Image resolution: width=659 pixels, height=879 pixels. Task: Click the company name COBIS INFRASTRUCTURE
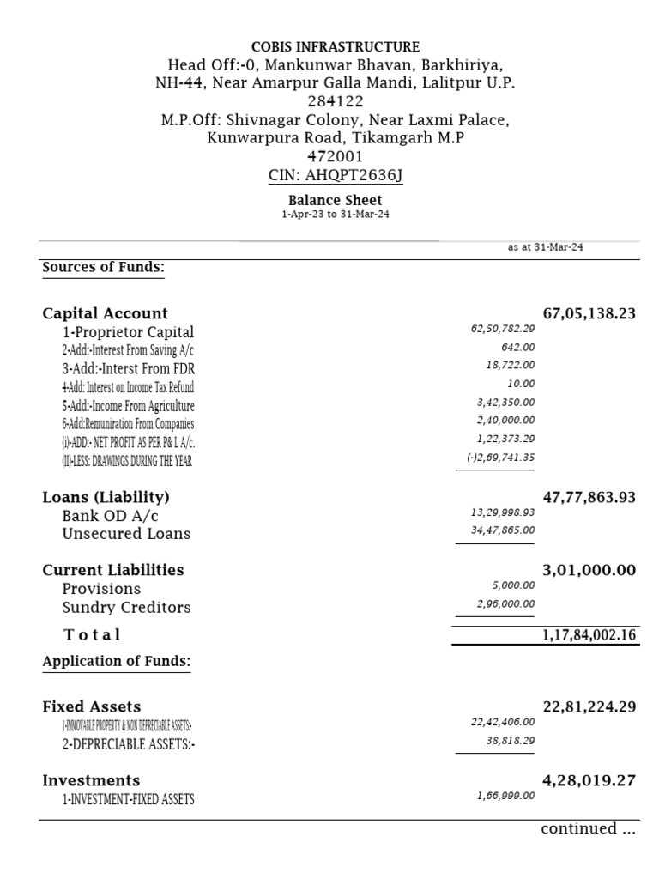[336, 46]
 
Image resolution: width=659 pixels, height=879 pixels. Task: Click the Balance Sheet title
[335, 200]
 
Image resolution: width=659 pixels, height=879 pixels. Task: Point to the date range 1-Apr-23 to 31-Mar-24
[335, 215]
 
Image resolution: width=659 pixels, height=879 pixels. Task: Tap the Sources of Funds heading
[103, 267]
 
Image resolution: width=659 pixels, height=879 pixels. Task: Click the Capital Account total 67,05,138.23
[589, 313]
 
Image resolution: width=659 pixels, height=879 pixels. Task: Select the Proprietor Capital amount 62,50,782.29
[503, 329]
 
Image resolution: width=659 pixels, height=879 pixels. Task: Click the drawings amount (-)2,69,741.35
[500, 458]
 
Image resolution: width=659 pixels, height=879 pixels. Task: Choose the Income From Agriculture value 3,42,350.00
[506, 402]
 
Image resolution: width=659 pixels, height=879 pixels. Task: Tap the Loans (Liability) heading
[106, 497]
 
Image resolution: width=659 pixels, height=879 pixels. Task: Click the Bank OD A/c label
[110, 516]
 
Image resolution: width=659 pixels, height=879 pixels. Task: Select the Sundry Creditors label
[126, 607]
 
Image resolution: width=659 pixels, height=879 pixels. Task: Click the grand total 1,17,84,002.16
[589, 635]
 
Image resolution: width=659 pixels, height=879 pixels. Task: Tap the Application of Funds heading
[116, 661]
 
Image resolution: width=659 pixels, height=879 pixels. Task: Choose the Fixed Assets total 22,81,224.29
[589, 707]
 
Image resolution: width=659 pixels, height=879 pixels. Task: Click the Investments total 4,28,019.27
[589, 780]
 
